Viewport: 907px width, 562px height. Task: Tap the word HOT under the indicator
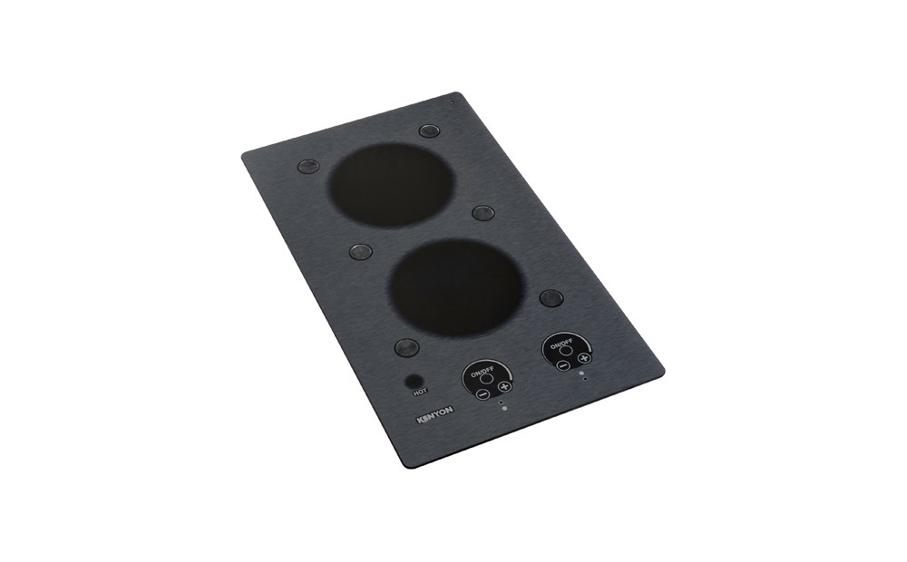click(x=420, y=393)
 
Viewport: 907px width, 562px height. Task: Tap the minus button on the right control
click(x=562, y=363)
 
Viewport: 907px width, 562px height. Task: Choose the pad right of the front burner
click(x=550, y=297)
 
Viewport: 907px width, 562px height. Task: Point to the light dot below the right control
click(x=585, y=378)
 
